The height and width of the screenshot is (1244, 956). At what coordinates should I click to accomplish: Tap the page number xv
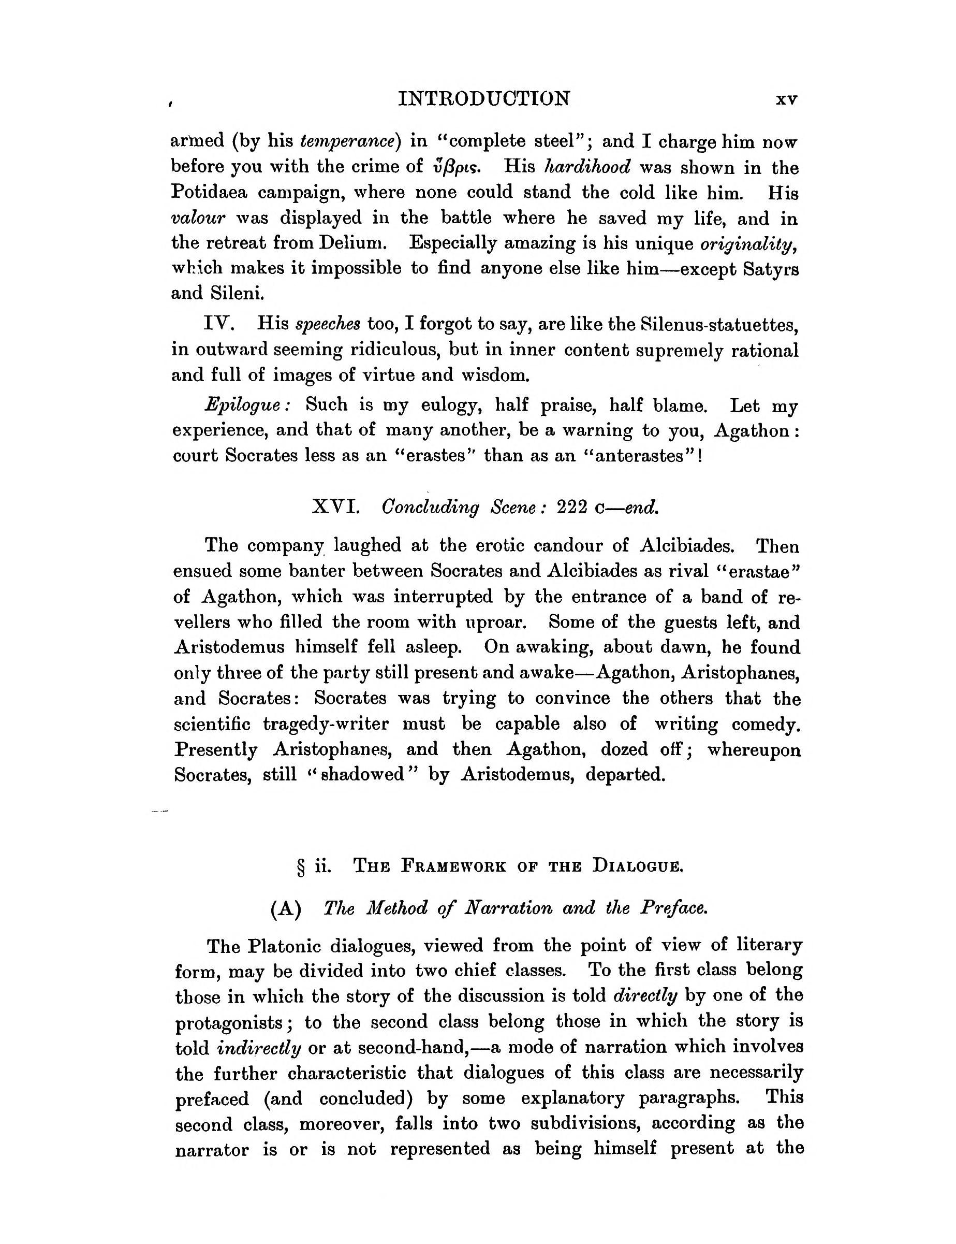point(787,99)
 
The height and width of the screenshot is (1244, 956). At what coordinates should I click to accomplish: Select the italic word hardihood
point(587,166)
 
